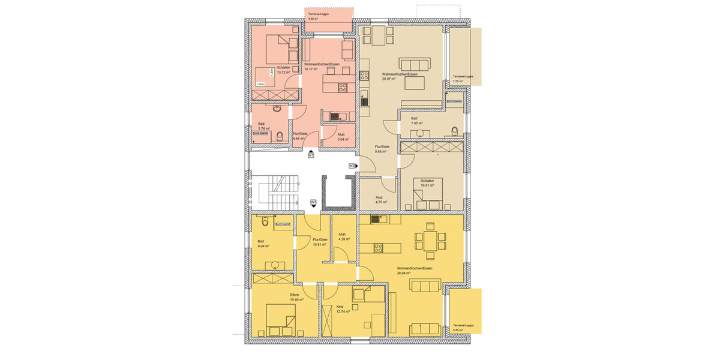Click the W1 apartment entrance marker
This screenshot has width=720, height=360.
[x=311, y=156]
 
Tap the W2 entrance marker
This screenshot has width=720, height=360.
[x=351, y=165]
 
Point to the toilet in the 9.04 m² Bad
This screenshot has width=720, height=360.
[x=264, y=221]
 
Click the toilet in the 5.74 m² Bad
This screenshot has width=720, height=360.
[x=281, y=137]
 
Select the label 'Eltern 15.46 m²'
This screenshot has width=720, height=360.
[x=295, y=297]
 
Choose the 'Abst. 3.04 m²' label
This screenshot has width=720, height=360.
[x=343, y=136]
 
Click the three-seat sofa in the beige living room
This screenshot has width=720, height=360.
[x=415, y=65]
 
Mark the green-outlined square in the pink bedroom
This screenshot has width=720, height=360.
[x=265, y=77]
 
